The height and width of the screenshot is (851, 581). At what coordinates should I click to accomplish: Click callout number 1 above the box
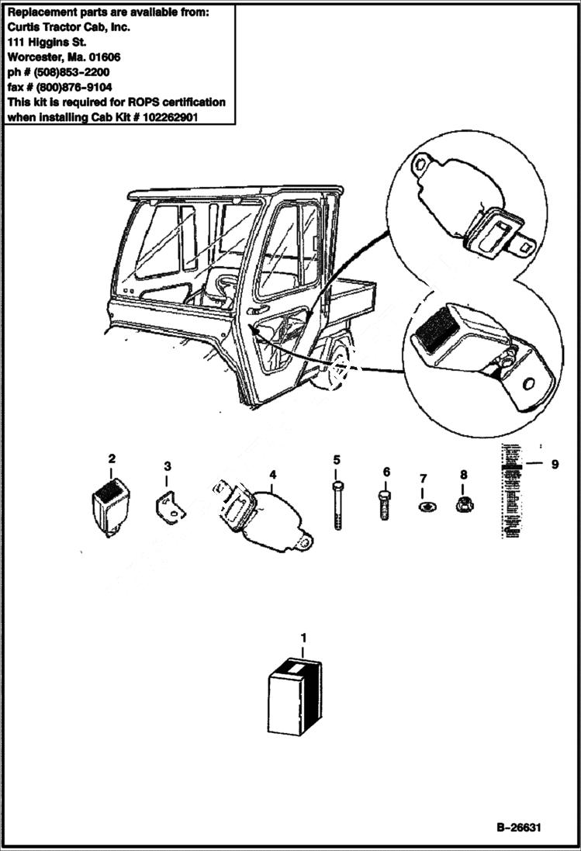pos(303,638)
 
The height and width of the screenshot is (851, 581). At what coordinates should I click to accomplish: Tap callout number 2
pos(112,459)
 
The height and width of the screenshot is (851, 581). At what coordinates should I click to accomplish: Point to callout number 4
pos(271,472)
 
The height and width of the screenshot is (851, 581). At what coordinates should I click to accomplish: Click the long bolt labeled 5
pos(337,504)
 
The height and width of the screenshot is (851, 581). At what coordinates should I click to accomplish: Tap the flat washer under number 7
pos(423,507)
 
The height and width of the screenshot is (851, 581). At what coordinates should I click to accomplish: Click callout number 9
pos(554,465)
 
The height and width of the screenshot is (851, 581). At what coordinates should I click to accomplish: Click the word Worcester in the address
pos(35,57)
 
